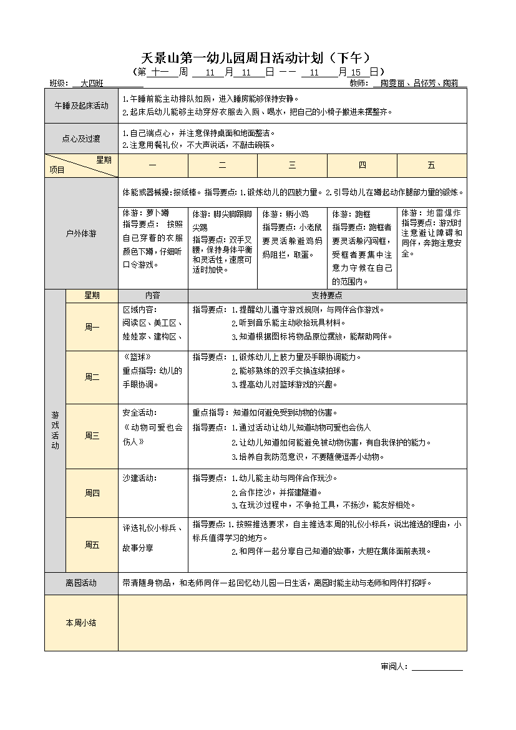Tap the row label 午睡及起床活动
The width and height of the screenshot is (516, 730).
click(x=81, y=106)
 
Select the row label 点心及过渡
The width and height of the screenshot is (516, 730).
click(x=81, y=139)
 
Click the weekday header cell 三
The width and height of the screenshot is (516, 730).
click(x=292, y=165)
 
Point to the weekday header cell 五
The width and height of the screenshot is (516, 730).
click(x=431, y=165)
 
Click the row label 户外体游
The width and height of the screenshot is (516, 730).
click(x=81, y=233)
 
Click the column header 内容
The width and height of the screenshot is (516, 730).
click(x=152, y=296)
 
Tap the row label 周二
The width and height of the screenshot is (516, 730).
click(x=92, y=377)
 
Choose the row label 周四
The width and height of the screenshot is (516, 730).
click(x=92, y=493)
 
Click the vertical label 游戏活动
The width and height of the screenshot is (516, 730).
click(x=55, y=430)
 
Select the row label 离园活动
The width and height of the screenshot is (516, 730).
click(x=81, y=583)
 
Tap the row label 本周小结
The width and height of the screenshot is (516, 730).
click(x=81, y=623)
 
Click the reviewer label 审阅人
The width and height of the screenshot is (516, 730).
click(x=394, y=666)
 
